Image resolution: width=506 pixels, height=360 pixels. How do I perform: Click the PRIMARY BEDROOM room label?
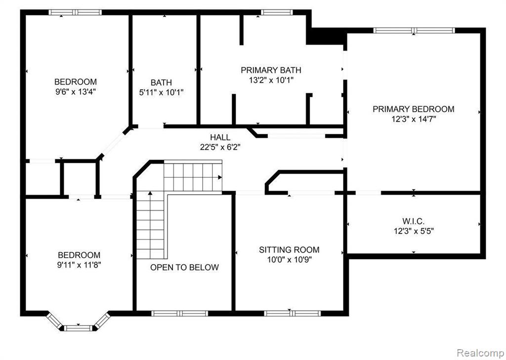[413, 109]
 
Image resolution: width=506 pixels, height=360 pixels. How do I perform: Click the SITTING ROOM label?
[289, 250]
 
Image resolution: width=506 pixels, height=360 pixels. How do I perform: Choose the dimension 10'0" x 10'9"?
[289, 260]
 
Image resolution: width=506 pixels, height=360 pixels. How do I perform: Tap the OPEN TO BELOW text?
[184, 268]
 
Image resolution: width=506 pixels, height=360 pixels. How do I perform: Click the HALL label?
[220, 137]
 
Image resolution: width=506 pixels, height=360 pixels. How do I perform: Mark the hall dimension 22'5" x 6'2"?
[220, 146]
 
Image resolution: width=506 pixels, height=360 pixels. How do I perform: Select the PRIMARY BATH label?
[271, 70]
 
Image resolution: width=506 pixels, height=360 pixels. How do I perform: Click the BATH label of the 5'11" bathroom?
[162, 83]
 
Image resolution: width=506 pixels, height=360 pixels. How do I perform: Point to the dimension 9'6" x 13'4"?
[76, 91]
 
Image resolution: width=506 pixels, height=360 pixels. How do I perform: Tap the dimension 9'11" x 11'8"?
[80, 265]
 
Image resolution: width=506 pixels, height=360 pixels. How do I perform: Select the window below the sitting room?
[292, 313]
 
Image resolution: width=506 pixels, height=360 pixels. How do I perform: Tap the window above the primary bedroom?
[414, 30]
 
